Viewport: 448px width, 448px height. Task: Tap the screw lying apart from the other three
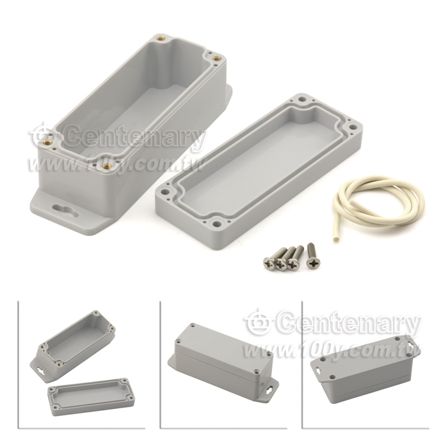click(x=312, y=255)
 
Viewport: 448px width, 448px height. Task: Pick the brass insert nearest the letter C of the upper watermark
click(x=47, y=143)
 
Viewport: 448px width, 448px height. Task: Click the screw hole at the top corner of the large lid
click(x=303, y=100)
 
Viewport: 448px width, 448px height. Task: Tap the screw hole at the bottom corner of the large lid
click(x=219, y=224)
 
